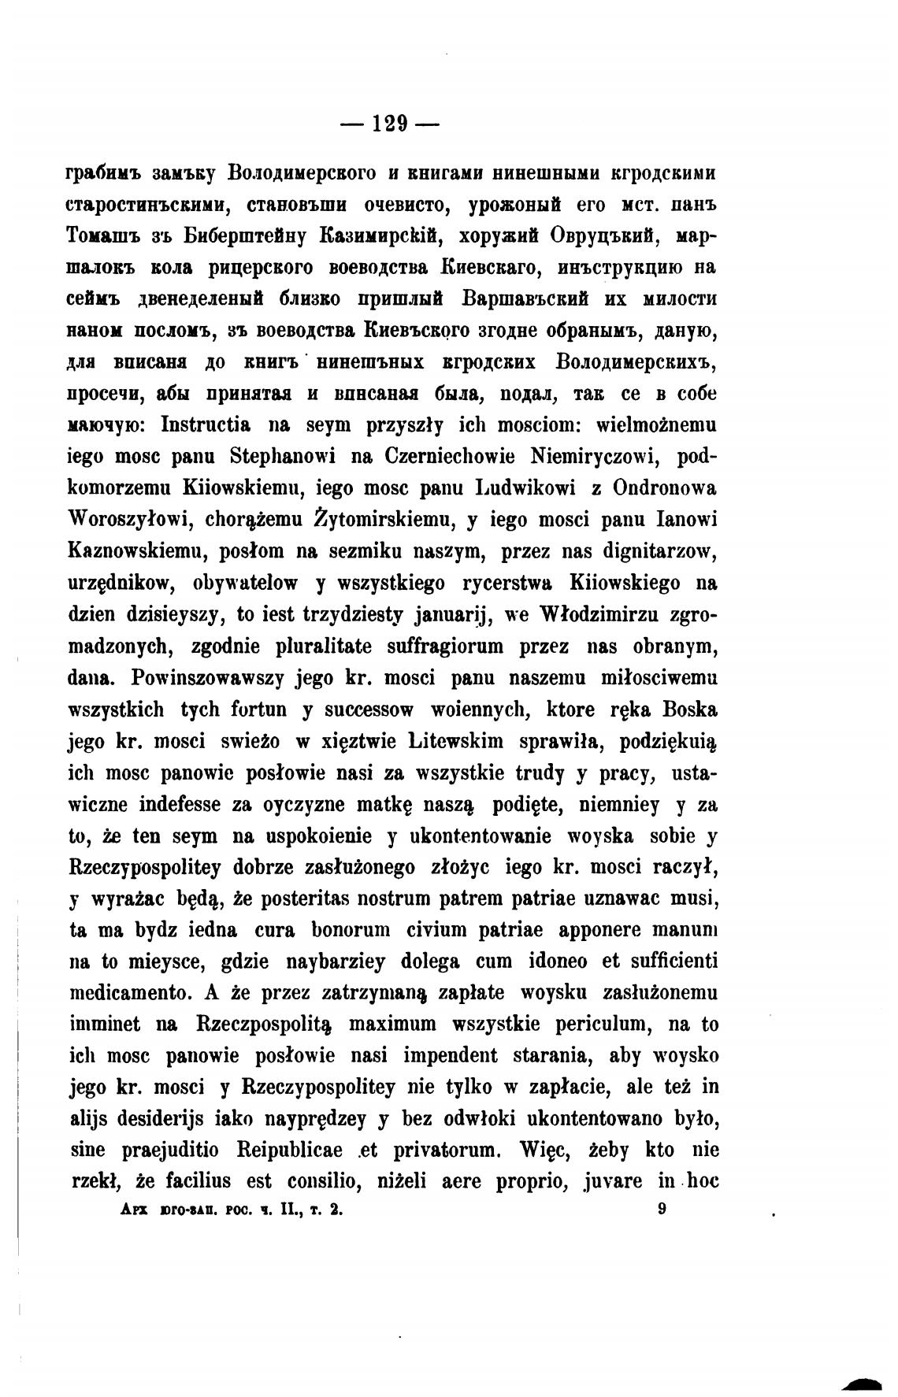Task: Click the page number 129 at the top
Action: [390, 124]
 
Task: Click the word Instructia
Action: [206, 425]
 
